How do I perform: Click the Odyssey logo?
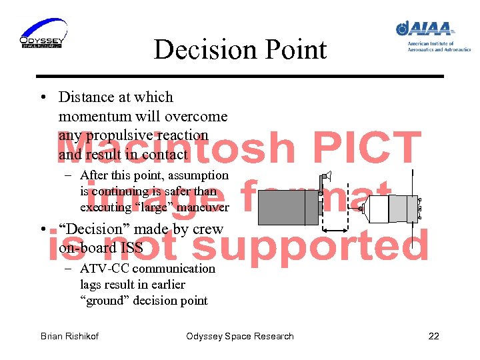(43, 33)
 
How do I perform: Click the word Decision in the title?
(201, 49)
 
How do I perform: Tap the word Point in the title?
(295, 49)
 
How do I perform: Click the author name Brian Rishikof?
(69, 336)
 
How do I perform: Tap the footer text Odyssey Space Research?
(240, 336)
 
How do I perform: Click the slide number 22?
(433, 336)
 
